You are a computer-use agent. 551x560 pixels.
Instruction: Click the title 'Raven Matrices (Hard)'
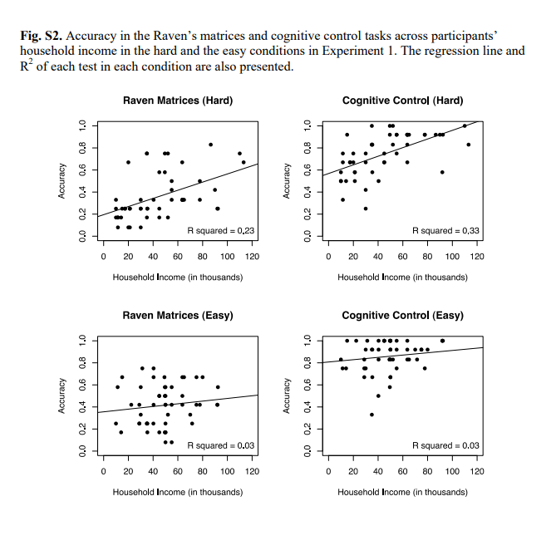click(x=178, y=101)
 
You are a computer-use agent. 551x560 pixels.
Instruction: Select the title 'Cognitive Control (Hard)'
click(x=402, y=101)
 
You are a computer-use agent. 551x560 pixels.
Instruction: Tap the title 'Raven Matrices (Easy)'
click(x=178, y=316)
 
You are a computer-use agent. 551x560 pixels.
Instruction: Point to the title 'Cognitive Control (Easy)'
click(x=402, y=316)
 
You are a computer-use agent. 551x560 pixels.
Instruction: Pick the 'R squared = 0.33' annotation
click(x=445, y=230)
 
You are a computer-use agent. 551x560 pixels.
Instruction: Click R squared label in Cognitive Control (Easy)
click(x=445, y=445)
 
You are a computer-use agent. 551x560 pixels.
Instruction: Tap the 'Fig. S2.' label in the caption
click(x=41, y=37)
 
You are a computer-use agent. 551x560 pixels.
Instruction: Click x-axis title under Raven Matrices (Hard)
click(x=178, y=277)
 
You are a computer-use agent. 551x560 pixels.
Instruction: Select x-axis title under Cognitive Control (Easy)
click(x=402, y=492)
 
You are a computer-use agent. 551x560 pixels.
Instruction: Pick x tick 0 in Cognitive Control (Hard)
click(x=329, y=256)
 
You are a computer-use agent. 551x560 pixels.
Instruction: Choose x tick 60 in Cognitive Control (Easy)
click(x=403, y=471)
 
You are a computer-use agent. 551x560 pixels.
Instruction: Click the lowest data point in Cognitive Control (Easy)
click(x=371, y=415)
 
